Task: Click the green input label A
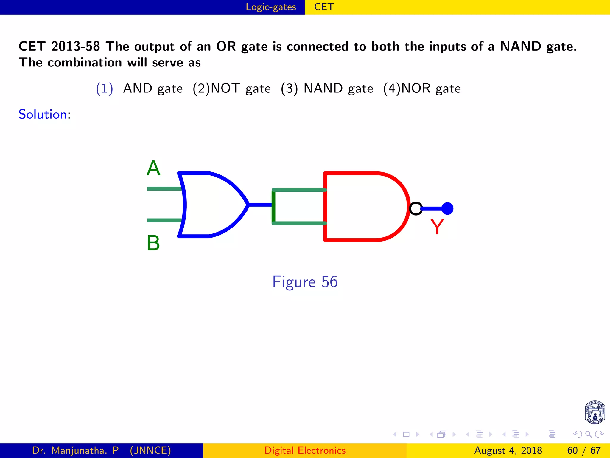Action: (154, 168)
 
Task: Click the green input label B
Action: (153, 243)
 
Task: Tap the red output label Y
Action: (437, 227)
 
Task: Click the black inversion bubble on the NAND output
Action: (416, 208)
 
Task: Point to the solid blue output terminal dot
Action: (447, 208)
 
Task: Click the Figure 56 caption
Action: (305, 282)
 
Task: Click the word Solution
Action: (43, 114)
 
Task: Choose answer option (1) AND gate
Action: (139, 89)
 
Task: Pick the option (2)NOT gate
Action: (232, 89)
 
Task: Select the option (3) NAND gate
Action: (327, 89)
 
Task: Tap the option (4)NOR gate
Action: (422, 89)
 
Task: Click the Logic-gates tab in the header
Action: (271, 7)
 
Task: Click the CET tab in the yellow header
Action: (324, 7)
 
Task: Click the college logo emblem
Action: (595, 412)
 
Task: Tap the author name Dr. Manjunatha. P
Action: (75, 450)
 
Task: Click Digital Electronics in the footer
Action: (305, 450)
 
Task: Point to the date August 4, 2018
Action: (508, 450)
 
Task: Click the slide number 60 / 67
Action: (584, 450)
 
